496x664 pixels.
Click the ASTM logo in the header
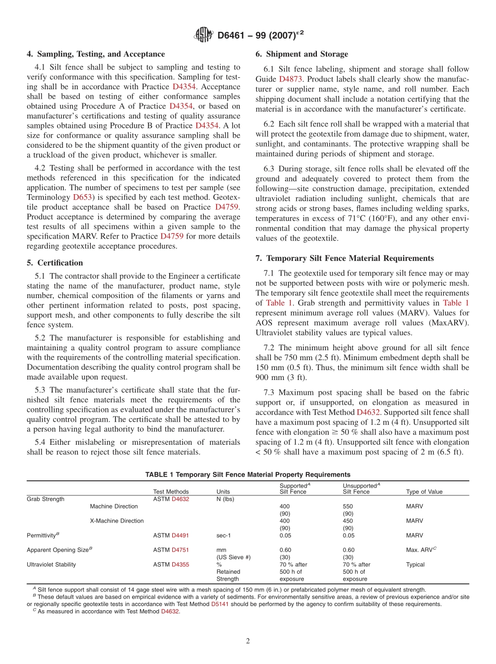point(203,35)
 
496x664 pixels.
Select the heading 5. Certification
point(55,263)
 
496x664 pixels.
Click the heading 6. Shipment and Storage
point(301,54)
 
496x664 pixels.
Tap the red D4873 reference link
point(290,79)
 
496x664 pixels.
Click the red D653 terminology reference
point(82,197)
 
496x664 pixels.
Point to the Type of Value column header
point(423,492)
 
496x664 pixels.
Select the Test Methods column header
point(171,492)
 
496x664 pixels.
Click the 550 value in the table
point(348,506)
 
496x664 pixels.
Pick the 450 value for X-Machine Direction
point(348,521)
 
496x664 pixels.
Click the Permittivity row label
point(43,535)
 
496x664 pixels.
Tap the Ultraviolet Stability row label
point(51,564)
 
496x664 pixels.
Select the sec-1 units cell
point(223,535)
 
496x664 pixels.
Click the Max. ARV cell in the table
point(421,550)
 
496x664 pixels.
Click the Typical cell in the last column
point(415,564)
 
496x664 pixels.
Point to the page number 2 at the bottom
point(248,642)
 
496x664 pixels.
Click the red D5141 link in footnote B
point(219,604)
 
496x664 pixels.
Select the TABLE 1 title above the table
point(247,475)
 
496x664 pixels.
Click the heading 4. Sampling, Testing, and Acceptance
point(96,54)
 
